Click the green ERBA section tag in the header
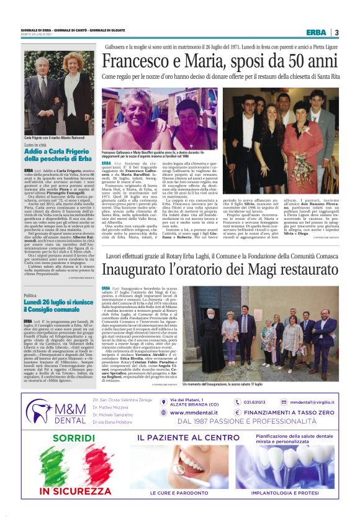coord(316,32)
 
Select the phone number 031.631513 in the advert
coord(254,401)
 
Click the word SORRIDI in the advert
coord(56,439)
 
